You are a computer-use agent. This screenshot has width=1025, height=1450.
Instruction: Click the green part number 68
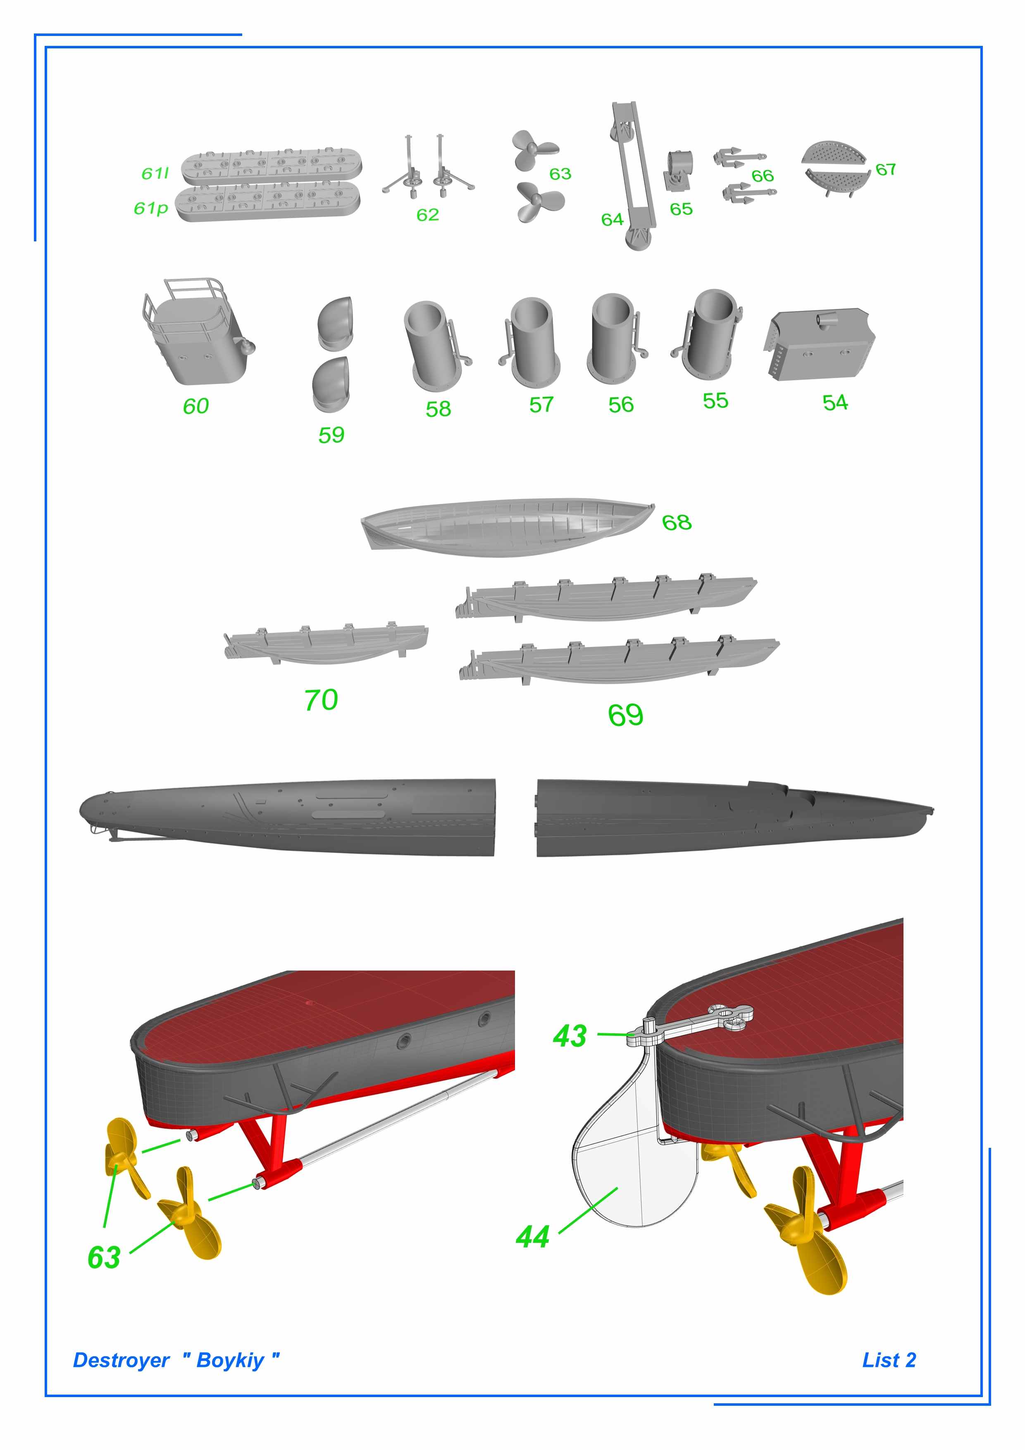click(677, 522)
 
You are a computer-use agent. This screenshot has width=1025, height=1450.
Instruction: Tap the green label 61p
click(151, 208)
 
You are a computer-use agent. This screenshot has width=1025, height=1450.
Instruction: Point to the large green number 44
click(532, 1237)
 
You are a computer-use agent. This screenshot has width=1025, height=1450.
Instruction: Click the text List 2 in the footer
click(889, 1360)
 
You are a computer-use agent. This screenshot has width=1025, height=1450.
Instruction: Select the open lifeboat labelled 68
click(505, 527)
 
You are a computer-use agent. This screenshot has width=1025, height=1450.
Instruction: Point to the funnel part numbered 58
click(434, 344)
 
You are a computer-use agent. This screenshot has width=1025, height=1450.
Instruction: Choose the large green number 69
click(625, 715)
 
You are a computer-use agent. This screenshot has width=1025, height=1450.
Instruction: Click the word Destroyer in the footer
click(121, 1360)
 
